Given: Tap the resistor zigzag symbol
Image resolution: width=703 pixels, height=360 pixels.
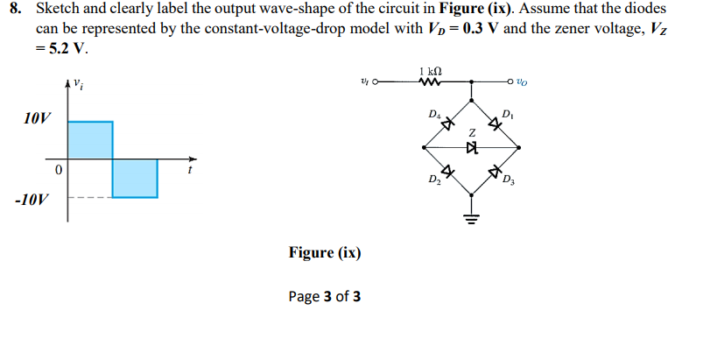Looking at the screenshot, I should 430,83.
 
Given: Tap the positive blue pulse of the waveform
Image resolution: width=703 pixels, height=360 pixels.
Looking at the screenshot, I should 90,140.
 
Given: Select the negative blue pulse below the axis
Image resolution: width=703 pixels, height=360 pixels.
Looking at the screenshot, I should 135,178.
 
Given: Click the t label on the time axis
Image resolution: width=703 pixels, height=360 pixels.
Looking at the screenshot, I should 188,171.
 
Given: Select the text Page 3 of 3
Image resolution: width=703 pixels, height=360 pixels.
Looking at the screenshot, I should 324,296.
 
